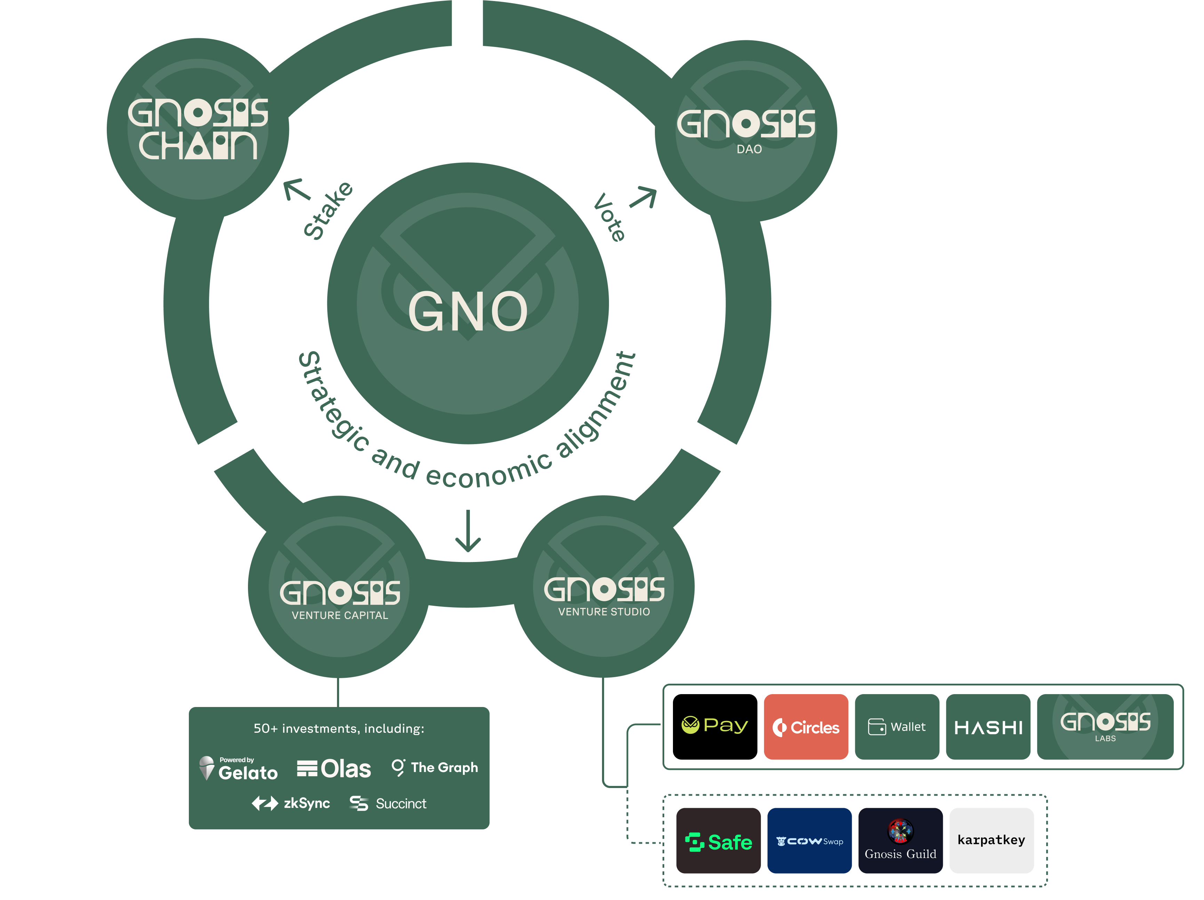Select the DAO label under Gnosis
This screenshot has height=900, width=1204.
tap(749, 149)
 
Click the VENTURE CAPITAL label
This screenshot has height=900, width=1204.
tap(340, 616)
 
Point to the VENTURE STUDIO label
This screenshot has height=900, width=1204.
tap(604, 612)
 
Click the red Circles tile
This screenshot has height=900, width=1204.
tap(805, 727)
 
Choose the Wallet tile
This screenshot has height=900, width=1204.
tap(897, 727)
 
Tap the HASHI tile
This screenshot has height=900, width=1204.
tap(988, 727)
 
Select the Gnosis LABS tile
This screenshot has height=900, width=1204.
tap(1105, 727)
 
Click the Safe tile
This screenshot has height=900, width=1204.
tap(718, 841)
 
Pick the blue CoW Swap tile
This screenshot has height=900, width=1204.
tap(809, 841)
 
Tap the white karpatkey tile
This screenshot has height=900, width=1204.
tap(991, 840)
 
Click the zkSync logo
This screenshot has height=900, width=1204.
tap(291, 803)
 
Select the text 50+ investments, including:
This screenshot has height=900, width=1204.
tap(338, 729)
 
